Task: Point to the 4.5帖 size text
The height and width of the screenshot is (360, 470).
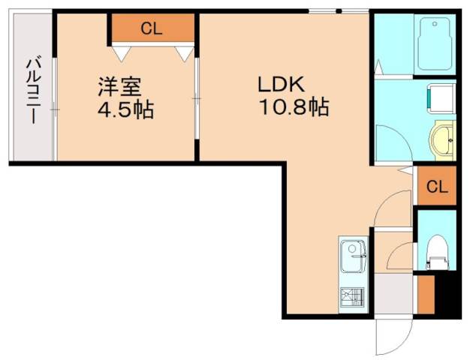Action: [x=125, y=110]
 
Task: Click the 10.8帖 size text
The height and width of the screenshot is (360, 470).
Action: [x=294, y=108]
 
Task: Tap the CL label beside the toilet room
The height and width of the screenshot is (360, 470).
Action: [x=437, y=187]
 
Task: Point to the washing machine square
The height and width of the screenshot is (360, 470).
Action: [x=438, y=95]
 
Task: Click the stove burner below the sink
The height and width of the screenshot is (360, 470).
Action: [x=351, y=297]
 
